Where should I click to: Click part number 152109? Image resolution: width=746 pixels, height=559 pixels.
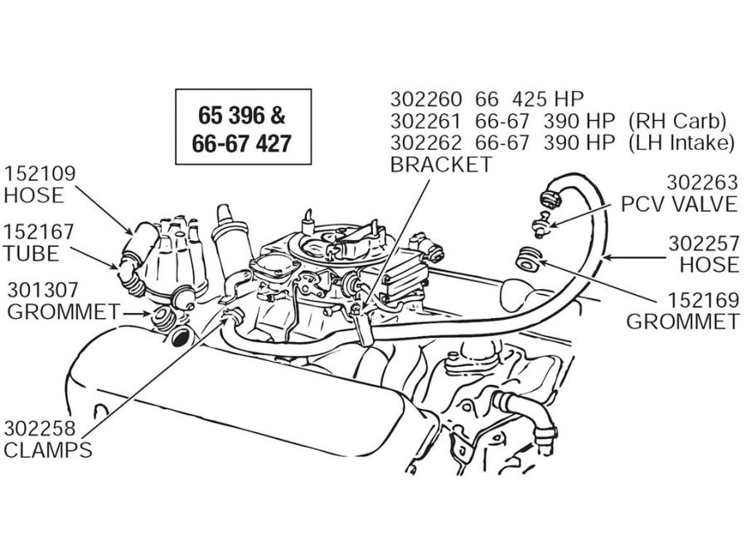click(x=40, y=174)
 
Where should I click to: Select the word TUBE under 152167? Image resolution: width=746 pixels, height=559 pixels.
click(x=31, y=253)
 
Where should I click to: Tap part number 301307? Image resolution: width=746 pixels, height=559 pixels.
click(x=42, y=291)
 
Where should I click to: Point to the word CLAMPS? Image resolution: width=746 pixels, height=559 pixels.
click(x=48, y=451)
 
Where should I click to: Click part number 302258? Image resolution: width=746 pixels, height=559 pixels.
click(x=40, y=428)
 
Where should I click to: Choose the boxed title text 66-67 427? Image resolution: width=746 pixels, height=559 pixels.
click(x=242, y=143)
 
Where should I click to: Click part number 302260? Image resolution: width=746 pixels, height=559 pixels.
click(x=426, y=99)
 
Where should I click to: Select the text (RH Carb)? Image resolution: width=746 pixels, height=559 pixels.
click(x=677, y=121)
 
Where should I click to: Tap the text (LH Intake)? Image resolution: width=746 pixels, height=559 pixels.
click(x=681, y=142)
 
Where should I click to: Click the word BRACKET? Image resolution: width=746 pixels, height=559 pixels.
click(x=441, y=165)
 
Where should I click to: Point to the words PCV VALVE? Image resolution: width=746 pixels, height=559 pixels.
click(x=679, y=205)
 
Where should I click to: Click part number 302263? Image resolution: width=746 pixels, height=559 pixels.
click(x=702, y=182)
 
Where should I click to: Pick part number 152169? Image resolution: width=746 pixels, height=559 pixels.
click(x=704, y=301)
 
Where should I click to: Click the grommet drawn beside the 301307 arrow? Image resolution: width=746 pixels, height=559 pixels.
click(x=162, y=317)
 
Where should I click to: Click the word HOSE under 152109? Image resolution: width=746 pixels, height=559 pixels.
click(x=34, y=195)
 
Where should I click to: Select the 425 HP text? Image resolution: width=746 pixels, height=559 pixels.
click(x=548, y=99)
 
